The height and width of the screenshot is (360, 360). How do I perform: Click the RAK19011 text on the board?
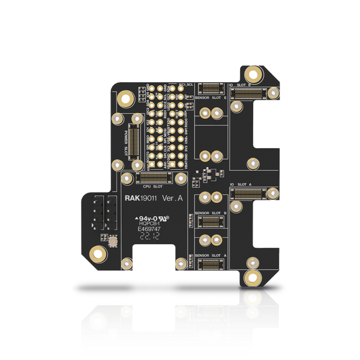click(x=140, y=199)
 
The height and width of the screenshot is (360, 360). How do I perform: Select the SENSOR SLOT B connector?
click(x=212, y=220)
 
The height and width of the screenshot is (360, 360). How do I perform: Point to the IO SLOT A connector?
click(x=251, y=193)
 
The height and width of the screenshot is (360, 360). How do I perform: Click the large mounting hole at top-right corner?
click(x=254, y=74)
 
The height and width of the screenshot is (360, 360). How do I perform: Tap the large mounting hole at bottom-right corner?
click(x=253, y=278)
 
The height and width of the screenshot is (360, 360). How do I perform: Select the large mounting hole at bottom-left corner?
click(x=97, y=254)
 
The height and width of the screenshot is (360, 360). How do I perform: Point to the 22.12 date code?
click(x=148, y=238)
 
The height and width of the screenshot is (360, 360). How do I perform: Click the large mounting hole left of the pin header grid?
click(x=126, y=99)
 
